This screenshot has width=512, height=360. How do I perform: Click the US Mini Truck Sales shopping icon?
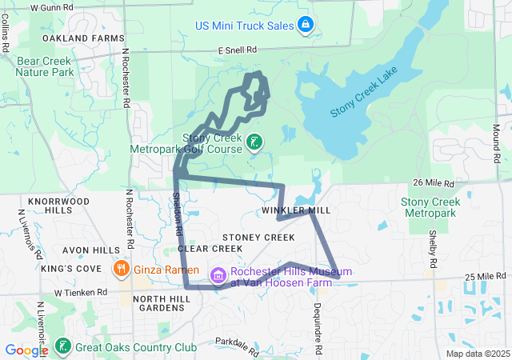click(305, 26)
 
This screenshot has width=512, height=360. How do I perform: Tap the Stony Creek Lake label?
click(365, 99)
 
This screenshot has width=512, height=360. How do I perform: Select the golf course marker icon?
click(254, 142)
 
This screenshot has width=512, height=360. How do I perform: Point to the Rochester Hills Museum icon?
click(217, 276)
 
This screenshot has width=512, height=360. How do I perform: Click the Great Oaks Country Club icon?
click(62, 347)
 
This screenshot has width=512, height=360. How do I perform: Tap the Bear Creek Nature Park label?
click(45, 66)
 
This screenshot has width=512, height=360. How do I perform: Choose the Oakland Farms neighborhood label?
click(84, 38)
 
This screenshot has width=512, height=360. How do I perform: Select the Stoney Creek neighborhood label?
click(258, 238)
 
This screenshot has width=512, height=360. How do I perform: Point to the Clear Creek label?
click(210, 249)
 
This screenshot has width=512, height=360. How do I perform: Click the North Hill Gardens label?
click(162, 304)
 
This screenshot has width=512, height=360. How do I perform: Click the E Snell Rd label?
click(238, 50)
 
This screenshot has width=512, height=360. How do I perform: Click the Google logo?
click(26, 350)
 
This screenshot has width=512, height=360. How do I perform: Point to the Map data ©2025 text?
click(477, 354)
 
